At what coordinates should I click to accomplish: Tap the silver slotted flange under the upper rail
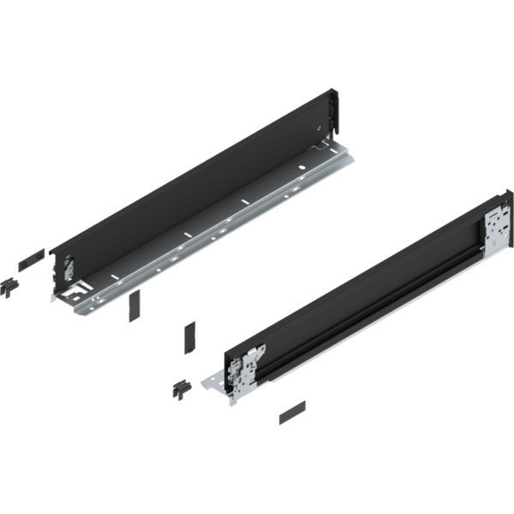(x=214, y=244)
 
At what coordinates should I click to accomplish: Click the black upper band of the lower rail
(x=360, y=274)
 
